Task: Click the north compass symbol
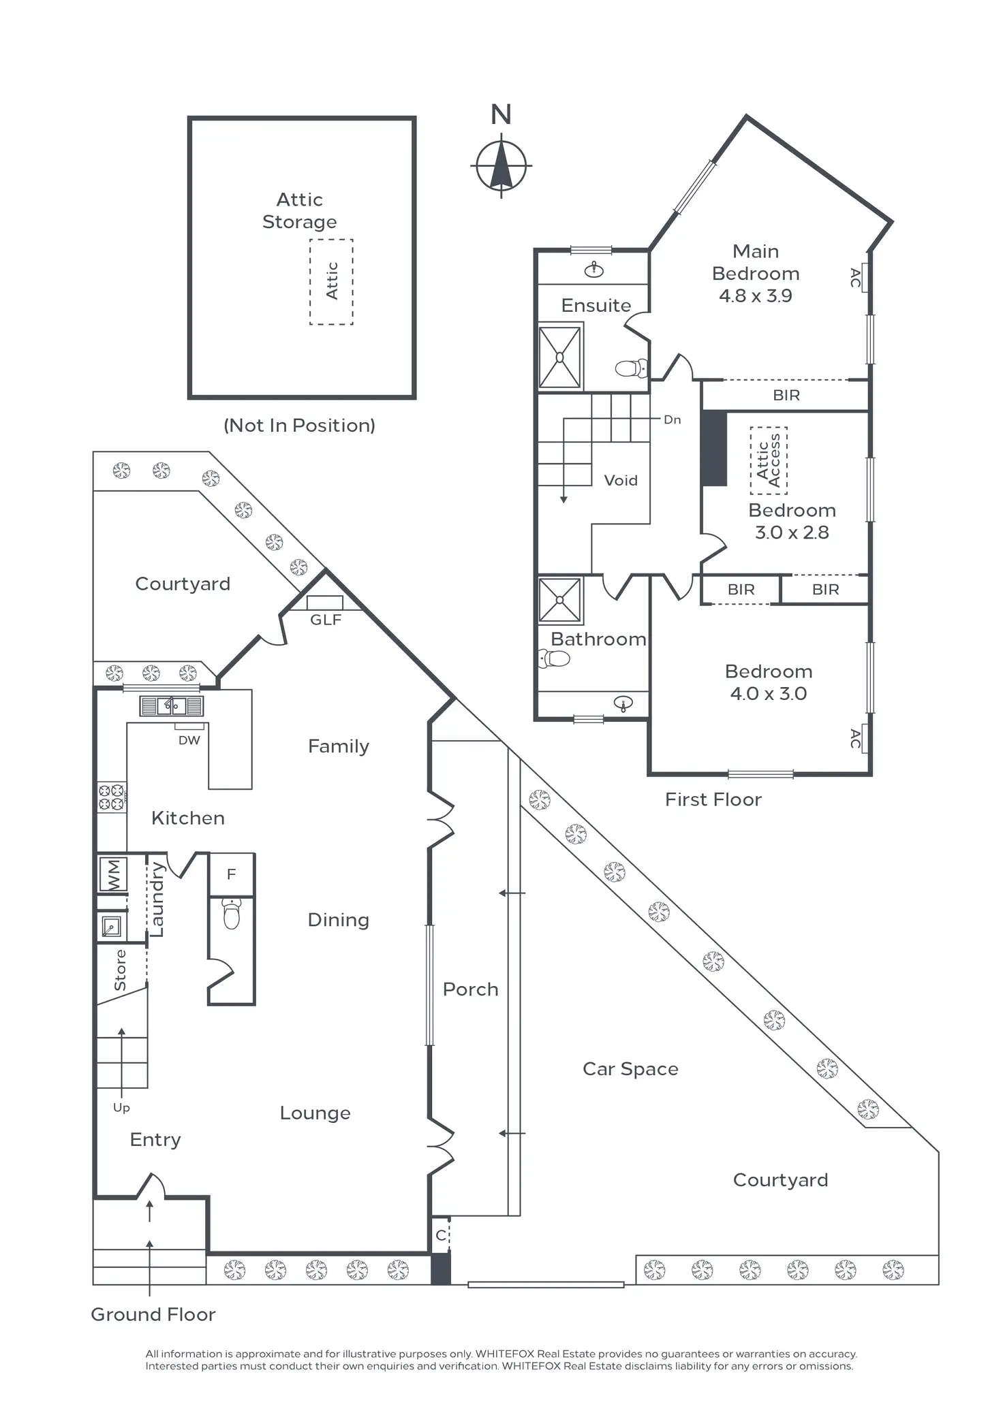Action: pyautogui.click(x=501, y=165)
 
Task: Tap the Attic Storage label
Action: pyautogui.click(x=299, y=210)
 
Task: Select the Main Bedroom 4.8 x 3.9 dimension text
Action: pyautogui.click(x=755, y=296)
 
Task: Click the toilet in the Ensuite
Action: pyautogui.click(x=631, y=368)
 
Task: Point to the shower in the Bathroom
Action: pyautogui.click(x=559, y=600)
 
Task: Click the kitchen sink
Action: pyautogui.click(x=171, y=705)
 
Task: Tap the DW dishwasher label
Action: pyautogui.click(x=189, y=740)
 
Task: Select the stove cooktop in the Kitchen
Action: pyautogui.click(x=112, y=797)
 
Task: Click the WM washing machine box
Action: pyautogui.click(x=112, y=874)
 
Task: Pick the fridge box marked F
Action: pyautogui.click(x=231, y=874)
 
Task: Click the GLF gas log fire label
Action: pyautogui.click(x=325, y=620)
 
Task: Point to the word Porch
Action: pyautogui.click(x=470, y=989)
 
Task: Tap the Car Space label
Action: pyautogui.click(x=630, y=1069)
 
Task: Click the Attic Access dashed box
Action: pyautogui.click(x=769, y=460)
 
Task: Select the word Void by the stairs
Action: pyautogui.click(x=621, y=481)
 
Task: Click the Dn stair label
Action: pyautogui.click(x=672, y=419)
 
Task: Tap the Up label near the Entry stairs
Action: pyautogui.click(x=121, y=1108)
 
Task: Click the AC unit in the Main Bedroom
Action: pyautogui.click(x=864, y=278)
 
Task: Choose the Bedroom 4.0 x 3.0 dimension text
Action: pyautogui.click(x=768, y=694)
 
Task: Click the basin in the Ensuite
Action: pyautogui.click(x=594, y=270)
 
